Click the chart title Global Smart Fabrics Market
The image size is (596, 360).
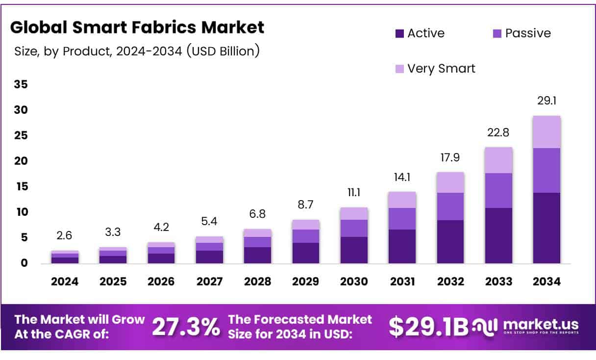click(x=137, y=27)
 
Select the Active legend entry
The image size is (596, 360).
click(x=420, y=33)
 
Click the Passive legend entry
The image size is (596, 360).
click(x=521, y=33)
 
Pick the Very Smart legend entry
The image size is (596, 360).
click(x=435, y=68)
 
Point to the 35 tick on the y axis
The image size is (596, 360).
click(x=21, y=84)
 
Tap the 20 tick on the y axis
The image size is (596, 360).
click(x=21, y=161)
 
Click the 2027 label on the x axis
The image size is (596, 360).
click(x=209, y=282)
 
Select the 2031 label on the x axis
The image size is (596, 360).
click(x=402, y=282)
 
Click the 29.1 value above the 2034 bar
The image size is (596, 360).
click(x=547, y=101)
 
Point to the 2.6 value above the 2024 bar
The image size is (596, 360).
click(x=64, y=236)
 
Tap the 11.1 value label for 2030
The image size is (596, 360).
click(x=354, y=193)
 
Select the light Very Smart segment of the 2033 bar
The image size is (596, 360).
click(x=499, y=160)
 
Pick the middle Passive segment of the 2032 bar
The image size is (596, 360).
click(x=450, y=206)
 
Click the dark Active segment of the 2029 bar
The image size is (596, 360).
click(x=306, y=253)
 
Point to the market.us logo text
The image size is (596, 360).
click(x=541, y=324)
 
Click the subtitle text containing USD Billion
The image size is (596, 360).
click(x=137, y=51)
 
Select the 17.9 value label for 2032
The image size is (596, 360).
click(x=450, y=158)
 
